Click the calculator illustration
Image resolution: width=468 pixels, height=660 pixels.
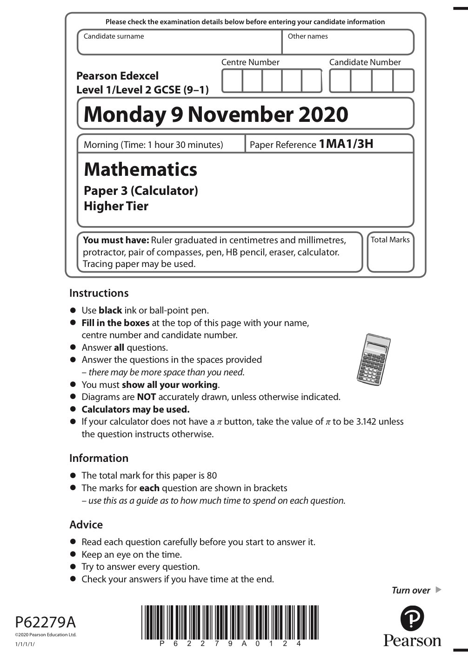pos(373,358)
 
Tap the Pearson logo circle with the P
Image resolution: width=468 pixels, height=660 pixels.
pos(412,620)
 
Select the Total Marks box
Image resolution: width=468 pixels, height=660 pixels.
pos(390,252)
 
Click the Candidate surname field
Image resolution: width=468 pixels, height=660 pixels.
pos(180,42)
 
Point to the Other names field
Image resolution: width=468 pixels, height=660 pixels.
pos(348,42)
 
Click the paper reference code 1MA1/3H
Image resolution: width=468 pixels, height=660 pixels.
pos(346,144)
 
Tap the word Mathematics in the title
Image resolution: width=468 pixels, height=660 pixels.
pos(140,169)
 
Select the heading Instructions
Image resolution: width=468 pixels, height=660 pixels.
pos(99,293)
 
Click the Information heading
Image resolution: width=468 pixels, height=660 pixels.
pos(99,458)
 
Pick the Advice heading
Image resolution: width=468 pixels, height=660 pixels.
pos(86,525)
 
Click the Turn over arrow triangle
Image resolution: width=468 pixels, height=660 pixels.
pos(438,590)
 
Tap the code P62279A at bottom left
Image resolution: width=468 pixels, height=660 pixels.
pos(45,622)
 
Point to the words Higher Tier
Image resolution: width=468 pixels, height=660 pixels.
pos(116,206)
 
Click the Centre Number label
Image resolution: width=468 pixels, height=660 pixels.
pos(250,62)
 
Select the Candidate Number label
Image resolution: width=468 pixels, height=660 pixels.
pos(365,62)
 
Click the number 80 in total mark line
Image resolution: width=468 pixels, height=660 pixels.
pos(212,475)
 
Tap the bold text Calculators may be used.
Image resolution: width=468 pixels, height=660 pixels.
pos(135,409)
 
